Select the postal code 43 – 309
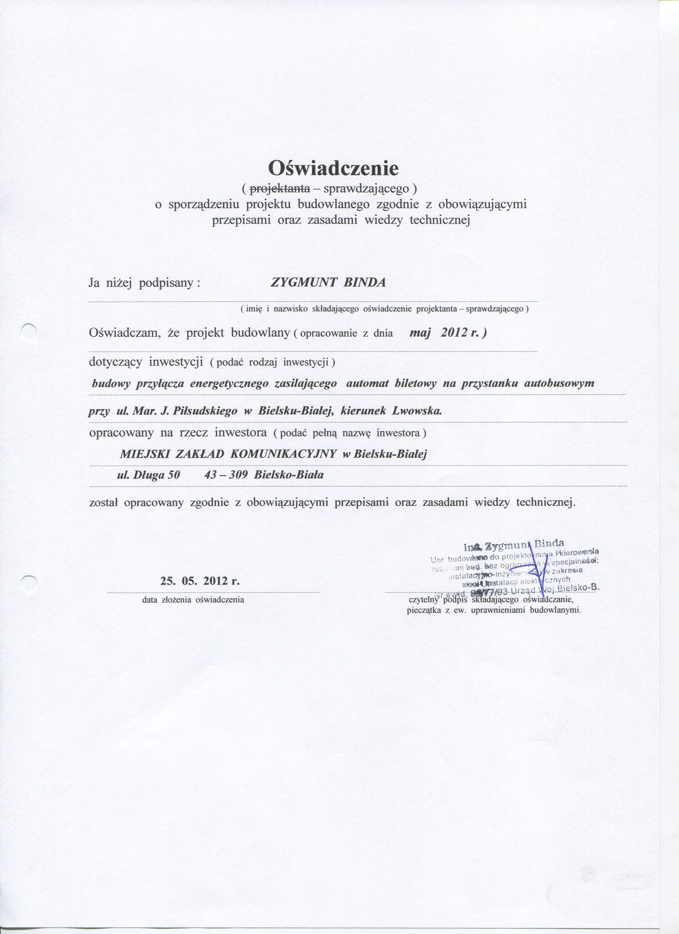click(x=226, y=475)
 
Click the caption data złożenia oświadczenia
click(x=193, y=600)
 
